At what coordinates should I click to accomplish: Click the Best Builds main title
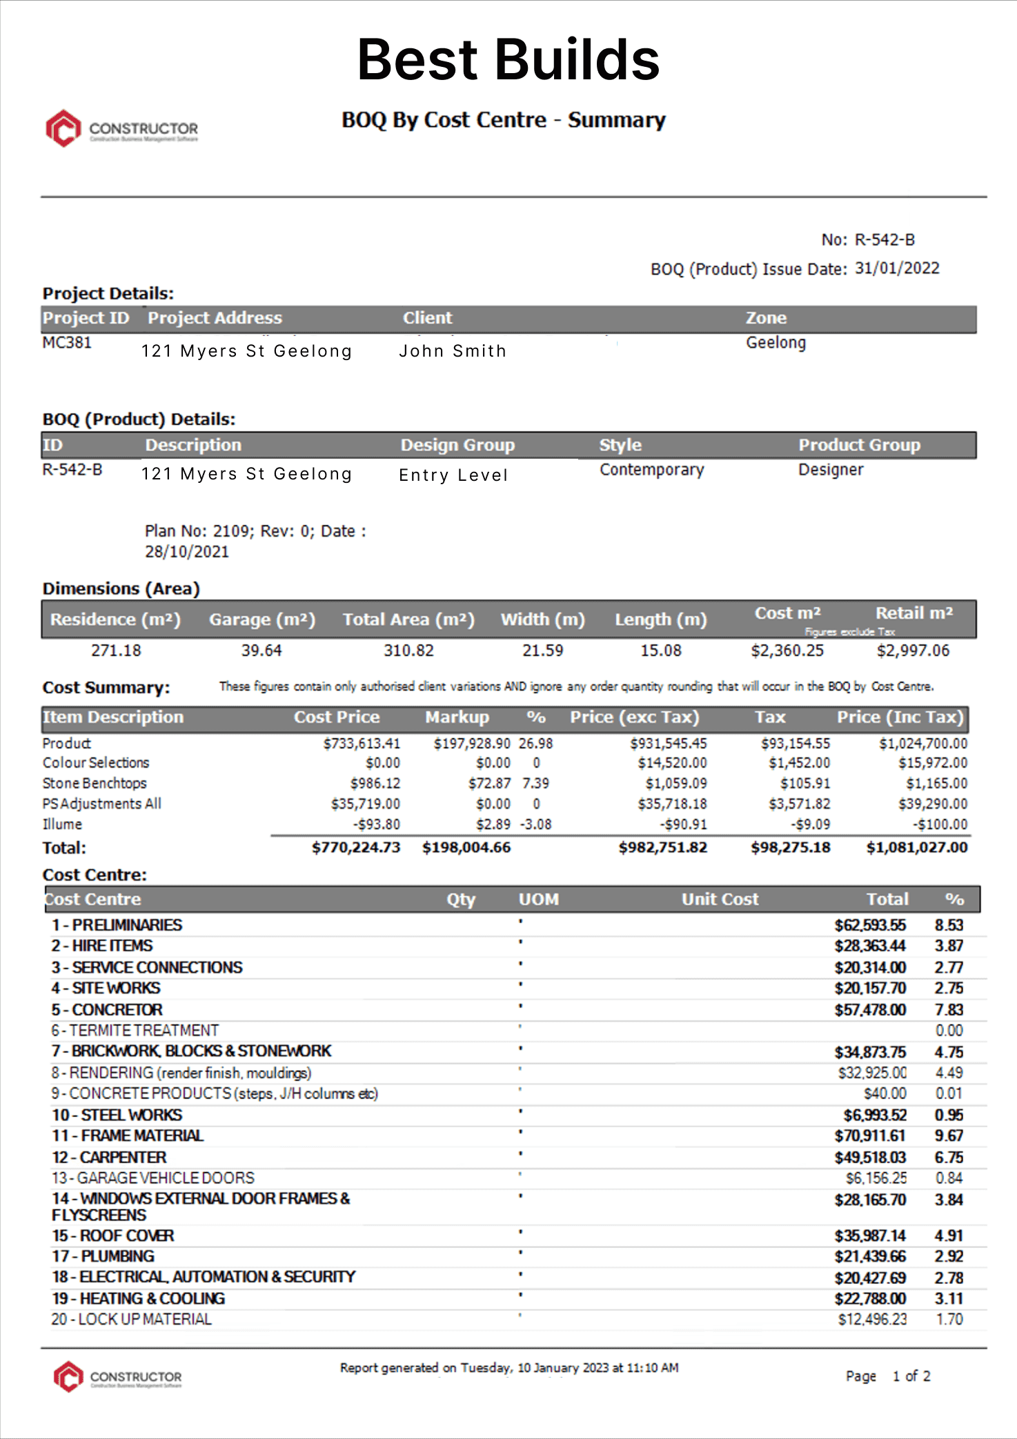508,60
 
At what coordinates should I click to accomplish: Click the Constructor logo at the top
122,128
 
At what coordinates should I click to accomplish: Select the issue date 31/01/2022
896,268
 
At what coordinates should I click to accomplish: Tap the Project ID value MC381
67,343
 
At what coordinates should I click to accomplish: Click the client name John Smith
453,351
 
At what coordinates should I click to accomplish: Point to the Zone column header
765,318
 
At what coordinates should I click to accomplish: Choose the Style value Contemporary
651,470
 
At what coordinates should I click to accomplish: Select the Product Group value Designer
830,470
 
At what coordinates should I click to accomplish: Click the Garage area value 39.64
261,651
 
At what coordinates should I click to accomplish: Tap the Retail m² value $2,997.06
912,651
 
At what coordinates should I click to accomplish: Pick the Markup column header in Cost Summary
457,717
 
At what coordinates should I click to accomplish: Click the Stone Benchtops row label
95,784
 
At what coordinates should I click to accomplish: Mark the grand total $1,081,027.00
916,848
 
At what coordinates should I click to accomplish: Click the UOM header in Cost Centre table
538,900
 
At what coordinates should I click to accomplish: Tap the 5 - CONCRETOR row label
107,1010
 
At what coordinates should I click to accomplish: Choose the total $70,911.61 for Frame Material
869,1136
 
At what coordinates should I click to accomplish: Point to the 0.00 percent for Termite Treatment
949,1031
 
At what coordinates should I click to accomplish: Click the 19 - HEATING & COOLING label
138,1299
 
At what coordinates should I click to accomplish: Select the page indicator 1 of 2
911,1376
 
